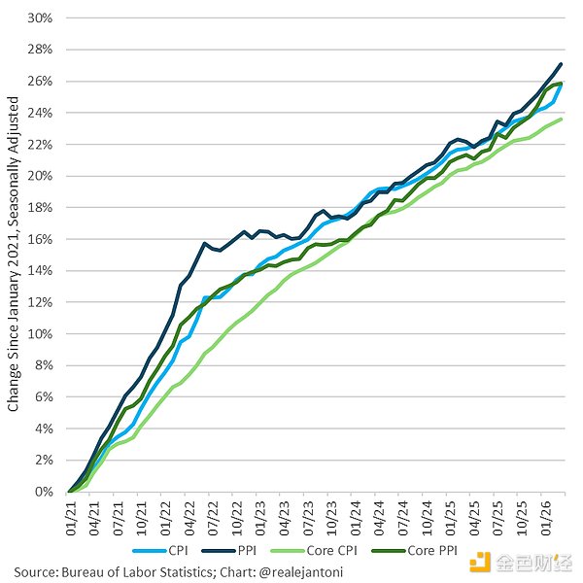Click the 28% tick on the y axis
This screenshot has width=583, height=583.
(40, 50)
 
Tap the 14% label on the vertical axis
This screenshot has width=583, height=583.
(40, 270)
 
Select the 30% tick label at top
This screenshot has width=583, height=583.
(40, 17)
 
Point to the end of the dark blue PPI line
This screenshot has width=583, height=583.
(562, 64)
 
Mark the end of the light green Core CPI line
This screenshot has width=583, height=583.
(562, 119)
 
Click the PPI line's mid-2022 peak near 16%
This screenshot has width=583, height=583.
(204, 243)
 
